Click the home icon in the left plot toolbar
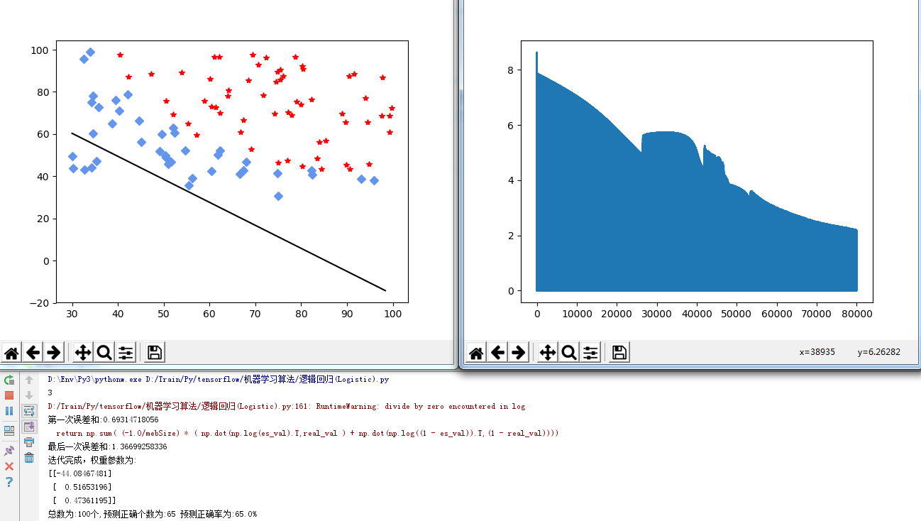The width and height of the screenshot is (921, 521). tap(11, 353)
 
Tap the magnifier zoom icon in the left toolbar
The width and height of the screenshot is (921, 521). tap(104, 353)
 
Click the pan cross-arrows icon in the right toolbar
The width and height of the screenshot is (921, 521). tap(548, 353)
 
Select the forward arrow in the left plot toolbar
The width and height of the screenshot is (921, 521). tap(54, 353)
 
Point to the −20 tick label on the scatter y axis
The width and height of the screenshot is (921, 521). tap(40, 304)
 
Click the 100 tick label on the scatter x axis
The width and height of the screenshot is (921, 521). tap(392, 314)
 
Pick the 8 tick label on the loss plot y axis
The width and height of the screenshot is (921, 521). tap(511, 70)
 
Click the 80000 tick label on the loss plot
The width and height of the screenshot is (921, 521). tap(857, 314)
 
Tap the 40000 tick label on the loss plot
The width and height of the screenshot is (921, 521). tap(697, 314)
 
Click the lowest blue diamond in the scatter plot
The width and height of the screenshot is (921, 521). tap(278, 196)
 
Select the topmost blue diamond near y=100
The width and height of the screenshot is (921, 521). tap(90, 53)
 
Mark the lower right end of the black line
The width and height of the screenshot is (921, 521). tap(386, 291)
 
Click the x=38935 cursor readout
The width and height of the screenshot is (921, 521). tap(817, 352)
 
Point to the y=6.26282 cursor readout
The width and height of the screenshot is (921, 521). tap(878, 352)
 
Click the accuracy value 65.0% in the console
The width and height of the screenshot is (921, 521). tap(246, 514)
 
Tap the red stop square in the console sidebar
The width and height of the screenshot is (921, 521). tap(9, 395)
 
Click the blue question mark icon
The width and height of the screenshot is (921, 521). tap(9, 482)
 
